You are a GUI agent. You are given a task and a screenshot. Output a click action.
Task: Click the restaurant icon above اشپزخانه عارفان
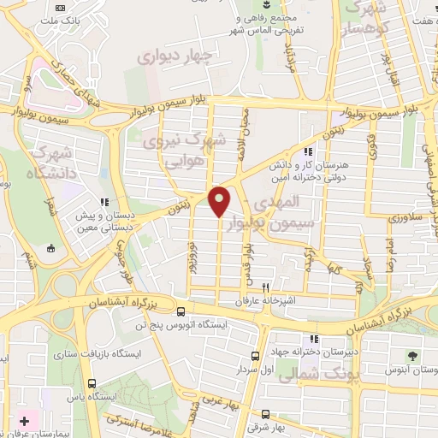click(266, 288)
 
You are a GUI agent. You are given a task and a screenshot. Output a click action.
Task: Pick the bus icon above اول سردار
click(254, 356)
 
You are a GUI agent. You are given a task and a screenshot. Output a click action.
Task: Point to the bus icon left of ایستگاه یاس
click(92, 385)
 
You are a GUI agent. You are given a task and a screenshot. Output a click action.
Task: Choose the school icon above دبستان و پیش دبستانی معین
click(104, 203)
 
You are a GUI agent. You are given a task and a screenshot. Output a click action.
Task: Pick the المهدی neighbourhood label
click(278, 204)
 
